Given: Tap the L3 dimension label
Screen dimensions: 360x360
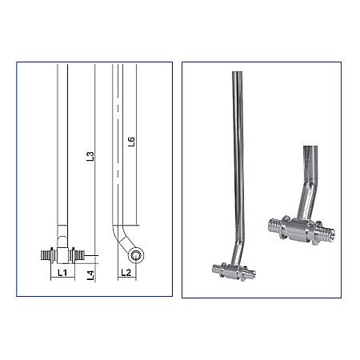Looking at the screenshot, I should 91,157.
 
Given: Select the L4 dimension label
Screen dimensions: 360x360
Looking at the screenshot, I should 91,274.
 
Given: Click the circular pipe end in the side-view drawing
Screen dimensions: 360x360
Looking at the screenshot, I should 138,255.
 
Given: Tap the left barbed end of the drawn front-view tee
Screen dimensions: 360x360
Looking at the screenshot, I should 45,256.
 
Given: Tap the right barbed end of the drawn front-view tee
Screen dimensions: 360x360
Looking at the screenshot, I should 78,256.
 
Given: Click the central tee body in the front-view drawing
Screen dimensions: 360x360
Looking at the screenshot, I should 62,255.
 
